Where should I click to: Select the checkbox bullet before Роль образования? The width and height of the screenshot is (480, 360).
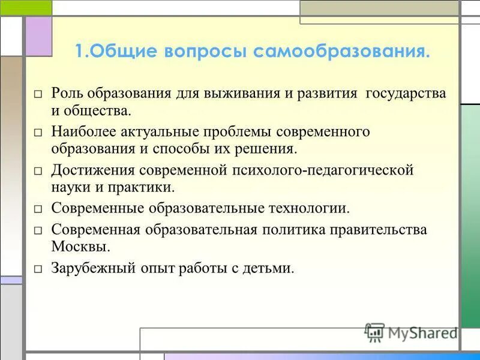coord(38,95)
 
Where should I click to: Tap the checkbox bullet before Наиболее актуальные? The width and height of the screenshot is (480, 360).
coord(38,132)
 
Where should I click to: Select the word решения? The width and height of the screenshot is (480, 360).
coord(267,148)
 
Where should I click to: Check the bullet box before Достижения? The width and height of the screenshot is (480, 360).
coord(38,171)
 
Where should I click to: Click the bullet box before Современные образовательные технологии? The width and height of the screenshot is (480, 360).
coord(38,209)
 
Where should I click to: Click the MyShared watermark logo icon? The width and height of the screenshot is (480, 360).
coord(374,332)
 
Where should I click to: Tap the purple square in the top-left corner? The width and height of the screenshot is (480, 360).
coord(38,37)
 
